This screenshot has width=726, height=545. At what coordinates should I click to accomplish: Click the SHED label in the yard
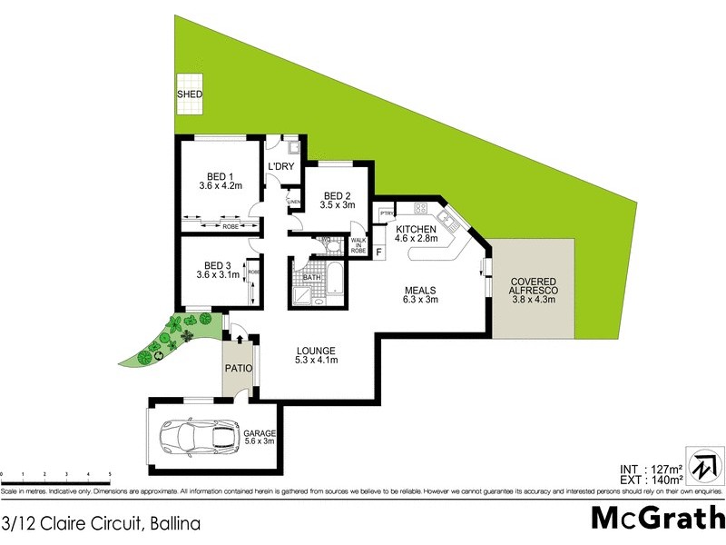point(190,94)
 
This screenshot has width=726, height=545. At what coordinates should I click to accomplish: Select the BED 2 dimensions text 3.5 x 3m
point(338,206)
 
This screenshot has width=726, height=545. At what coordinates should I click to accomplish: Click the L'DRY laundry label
point(280,165)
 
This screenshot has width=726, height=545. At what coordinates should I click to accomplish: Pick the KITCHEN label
point(416,229)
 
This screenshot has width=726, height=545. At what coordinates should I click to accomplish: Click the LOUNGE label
point(315,351)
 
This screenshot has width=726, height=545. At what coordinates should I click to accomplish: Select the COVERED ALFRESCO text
point(534,287)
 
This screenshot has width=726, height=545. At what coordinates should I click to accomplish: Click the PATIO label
point(240,371)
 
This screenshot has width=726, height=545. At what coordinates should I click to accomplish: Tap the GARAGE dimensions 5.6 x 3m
point(259,442)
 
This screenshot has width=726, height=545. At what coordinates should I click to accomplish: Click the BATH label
point(312,278)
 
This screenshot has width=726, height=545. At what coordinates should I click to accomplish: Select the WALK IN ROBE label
point(358,244)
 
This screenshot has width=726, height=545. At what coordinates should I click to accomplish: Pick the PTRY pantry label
point(385,213)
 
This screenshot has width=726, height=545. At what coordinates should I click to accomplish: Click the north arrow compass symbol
point(703,464)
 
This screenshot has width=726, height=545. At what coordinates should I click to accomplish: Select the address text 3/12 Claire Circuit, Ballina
point(101,523)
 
